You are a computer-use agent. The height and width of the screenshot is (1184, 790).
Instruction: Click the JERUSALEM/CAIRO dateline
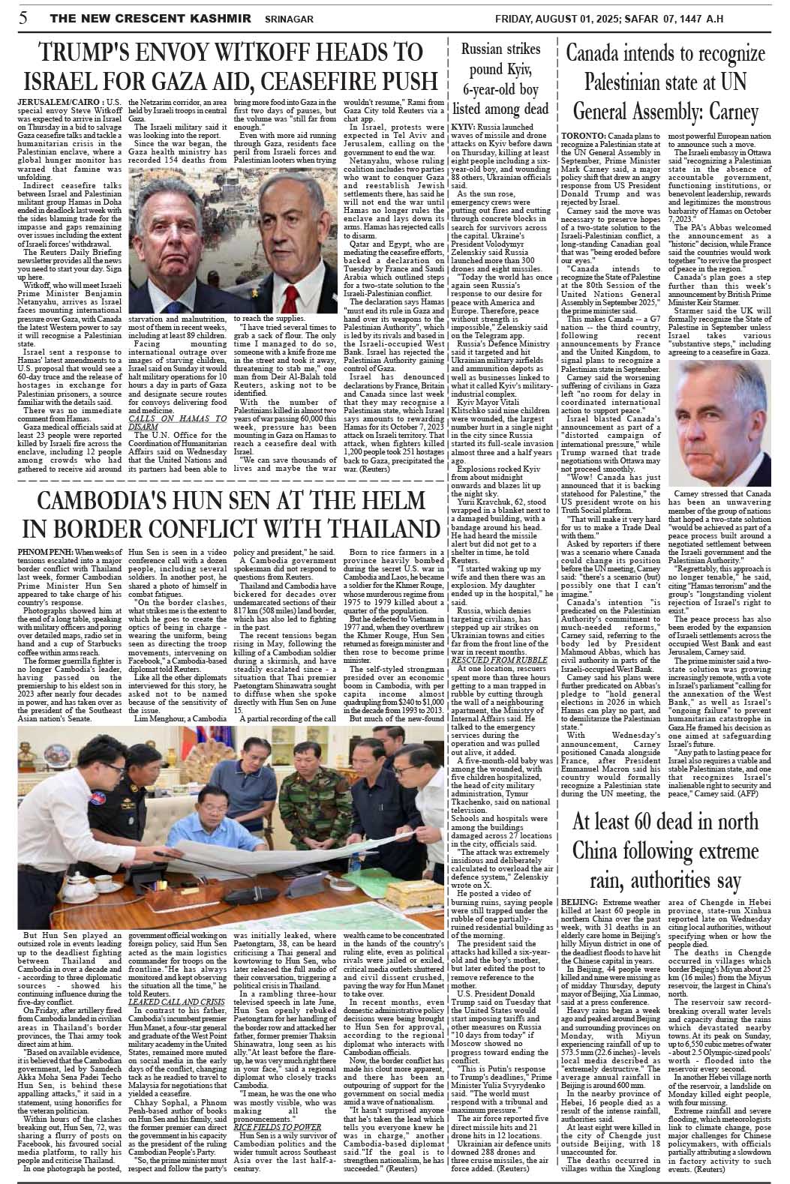tap(58, 100)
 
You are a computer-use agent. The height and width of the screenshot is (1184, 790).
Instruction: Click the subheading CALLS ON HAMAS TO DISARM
tap(177, 422)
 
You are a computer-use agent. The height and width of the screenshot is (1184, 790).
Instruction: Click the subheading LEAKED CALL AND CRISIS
tap(176, 1002)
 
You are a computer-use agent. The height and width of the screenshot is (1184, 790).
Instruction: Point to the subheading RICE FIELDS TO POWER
tap(278, 1126)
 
